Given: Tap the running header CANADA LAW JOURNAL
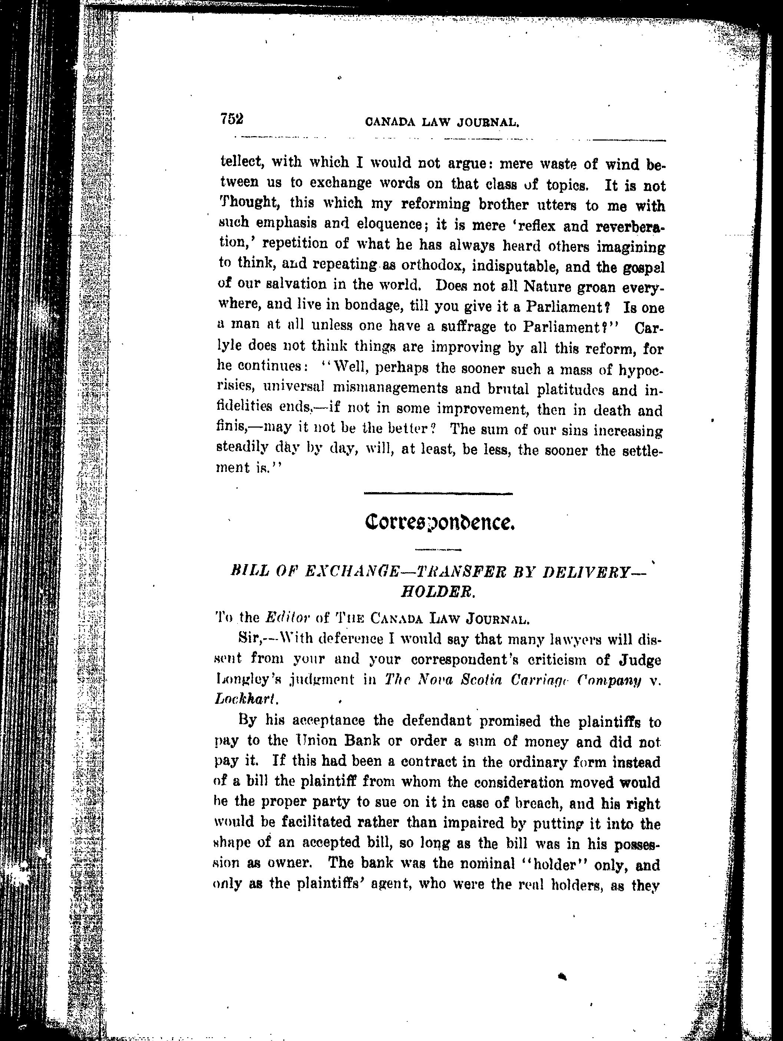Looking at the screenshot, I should [x=442, y=122].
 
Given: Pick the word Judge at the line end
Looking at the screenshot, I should [x=639, y=660].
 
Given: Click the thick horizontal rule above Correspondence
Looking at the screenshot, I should [x=438, y=494].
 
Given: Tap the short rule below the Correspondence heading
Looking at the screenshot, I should [x=438, y=549].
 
